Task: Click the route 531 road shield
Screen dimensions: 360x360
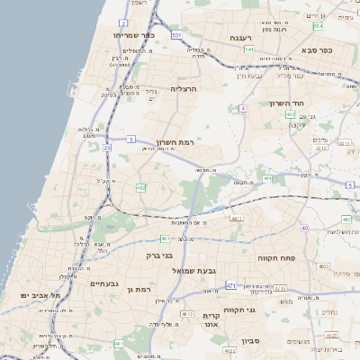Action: tap(177, 34)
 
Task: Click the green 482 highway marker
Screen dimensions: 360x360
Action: tap(141, 188)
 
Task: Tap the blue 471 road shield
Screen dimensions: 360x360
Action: tap(231, 285)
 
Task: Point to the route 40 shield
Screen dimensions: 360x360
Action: tap(306, 229)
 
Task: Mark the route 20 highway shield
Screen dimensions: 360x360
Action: tap(107, 147)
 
